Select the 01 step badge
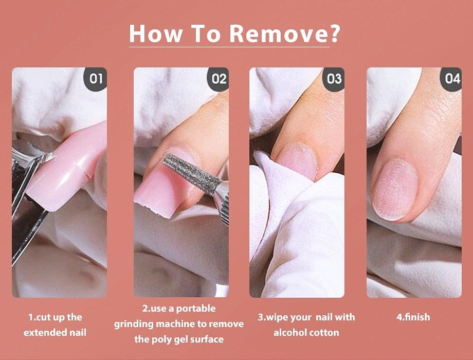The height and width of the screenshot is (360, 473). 96,79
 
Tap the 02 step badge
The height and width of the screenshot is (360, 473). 218,79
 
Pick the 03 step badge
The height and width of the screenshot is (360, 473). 334,79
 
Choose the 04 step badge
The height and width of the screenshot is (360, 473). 451,79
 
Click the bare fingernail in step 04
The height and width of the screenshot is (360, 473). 395,189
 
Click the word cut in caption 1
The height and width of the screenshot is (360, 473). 43,317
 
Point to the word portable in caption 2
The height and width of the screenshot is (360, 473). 195,309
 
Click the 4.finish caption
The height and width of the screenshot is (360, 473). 413,317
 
